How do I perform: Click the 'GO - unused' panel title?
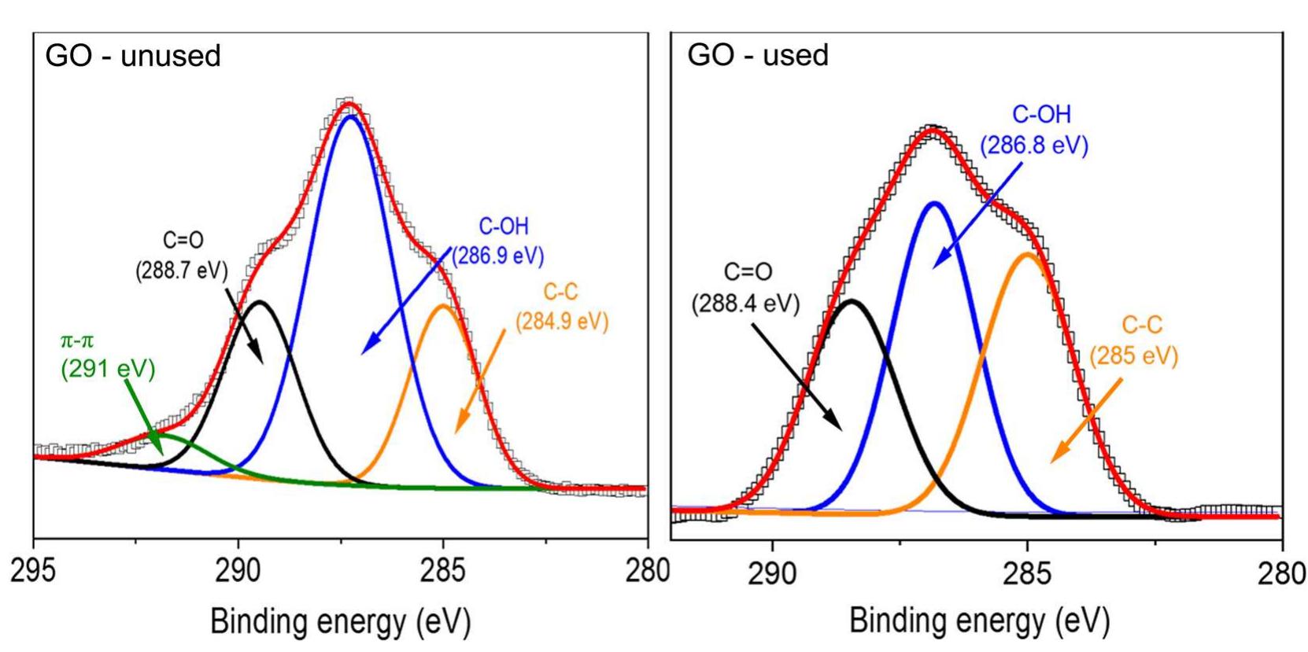coord(134,56)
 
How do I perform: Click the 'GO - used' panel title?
coord(757,55)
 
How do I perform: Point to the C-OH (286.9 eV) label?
coord(499,241)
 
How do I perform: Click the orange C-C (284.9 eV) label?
coord(561,308)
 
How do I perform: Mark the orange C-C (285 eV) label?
coord(1134,341)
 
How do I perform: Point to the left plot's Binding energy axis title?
coord(340,622)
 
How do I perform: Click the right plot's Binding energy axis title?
coord(979,622)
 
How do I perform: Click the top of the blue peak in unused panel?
coord(349,116)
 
